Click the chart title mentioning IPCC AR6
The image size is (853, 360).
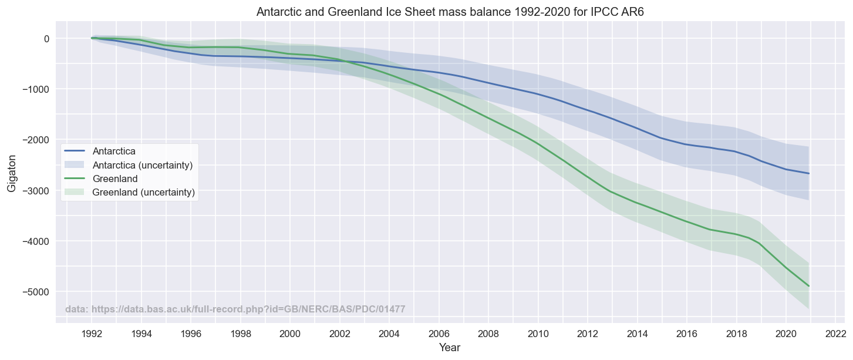tap(450, 12)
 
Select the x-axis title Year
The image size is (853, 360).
tap(450, 348)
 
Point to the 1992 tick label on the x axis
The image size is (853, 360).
tap(92, 334)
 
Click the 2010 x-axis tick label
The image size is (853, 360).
tap(538, 334)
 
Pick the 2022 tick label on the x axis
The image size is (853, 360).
tap(835, 334)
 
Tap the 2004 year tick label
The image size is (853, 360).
tap(389, 334)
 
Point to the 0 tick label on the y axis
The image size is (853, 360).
tap(46, 39)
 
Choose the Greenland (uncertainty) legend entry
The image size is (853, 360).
tap(143, 192)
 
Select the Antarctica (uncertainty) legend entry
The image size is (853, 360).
tap(143, 165)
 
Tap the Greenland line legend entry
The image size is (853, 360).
tap(115, 179)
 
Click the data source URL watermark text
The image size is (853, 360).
tap(235, 309)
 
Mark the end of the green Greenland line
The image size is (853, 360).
tap(809, 286)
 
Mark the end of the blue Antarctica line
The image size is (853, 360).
tap(809, 173)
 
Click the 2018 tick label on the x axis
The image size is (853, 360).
tap(736, 334)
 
